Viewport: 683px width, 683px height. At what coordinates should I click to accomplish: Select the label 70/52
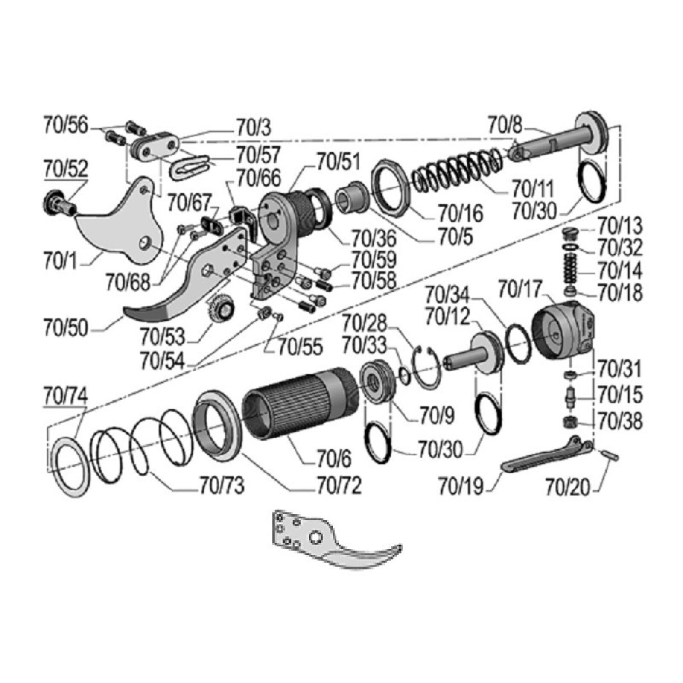tap(66, 169)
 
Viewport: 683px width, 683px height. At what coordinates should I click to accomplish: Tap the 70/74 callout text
tap(66, 397)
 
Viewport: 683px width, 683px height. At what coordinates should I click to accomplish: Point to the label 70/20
tap(568, 487)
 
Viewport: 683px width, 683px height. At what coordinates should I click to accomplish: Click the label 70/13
tap(620, 225)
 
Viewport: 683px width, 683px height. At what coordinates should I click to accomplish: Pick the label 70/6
tap(334, 459)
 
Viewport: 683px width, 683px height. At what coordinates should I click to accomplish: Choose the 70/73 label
tap(222, 486)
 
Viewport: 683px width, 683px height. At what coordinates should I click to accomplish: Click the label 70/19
tap(461, 487)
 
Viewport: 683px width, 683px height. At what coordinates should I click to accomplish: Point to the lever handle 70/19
tap(547, 454)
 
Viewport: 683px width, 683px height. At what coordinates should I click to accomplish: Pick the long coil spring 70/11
tap(459, 168)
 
